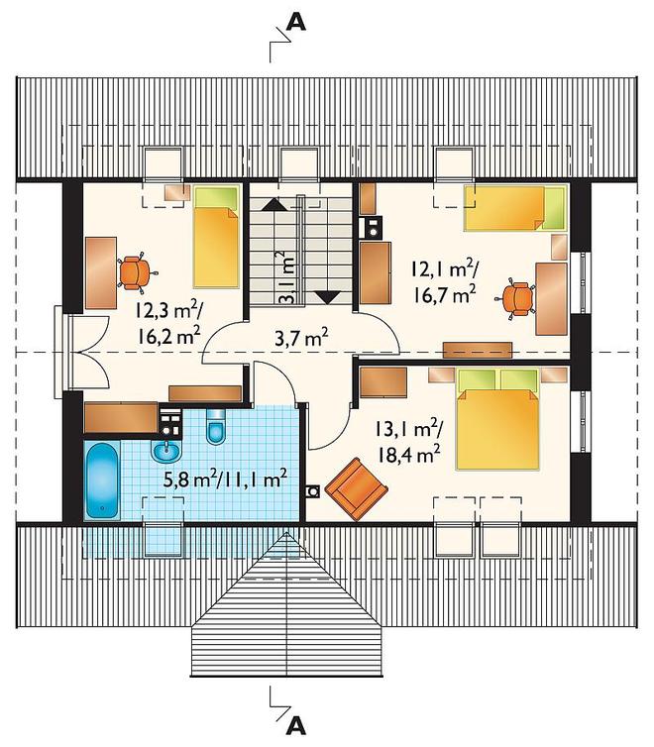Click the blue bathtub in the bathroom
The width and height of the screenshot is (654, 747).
[x=101, y=480]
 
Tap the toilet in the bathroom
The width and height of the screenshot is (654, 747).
[x=216, y=426]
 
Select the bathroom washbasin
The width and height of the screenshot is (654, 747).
[x=166, y=451]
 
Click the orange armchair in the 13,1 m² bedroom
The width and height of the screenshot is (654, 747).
[x=357, y=489]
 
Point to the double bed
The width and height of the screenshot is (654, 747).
[x=497, y=418]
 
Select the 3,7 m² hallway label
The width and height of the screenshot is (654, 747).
[x=301, y=338]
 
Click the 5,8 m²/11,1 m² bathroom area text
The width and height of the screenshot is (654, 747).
[x=225, y=479]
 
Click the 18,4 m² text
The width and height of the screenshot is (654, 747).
[x=408, y=455]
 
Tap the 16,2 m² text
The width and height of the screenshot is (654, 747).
[x=169, y=337]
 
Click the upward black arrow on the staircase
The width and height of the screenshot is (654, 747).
[x=273, y=205]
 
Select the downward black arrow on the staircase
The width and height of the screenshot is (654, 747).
[x=328, y=298]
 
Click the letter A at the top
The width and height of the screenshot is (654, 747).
[x=296, y=22]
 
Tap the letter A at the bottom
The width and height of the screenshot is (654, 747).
[x=296, y=725]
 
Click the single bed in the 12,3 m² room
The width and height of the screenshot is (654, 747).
[x=216, y=237]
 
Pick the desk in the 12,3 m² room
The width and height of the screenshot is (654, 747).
[x=101, y=273]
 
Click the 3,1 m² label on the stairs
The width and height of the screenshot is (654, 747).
[x=286, y=276]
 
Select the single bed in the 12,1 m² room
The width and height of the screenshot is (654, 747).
[x=516, y=208]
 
